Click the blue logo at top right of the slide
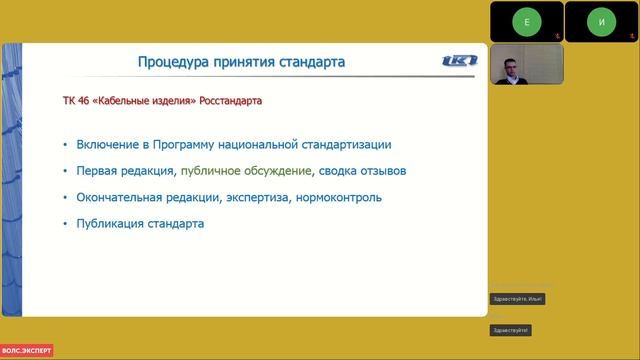[x=460, y=61]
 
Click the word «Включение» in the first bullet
[x=109, y=144]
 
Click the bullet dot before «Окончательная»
[x=66, y=198]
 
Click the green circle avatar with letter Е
[x=525, y=21]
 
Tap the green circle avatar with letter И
[x=601, y=21]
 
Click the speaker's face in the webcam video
[x=508, y=67]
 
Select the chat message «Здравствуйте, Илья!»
[x=518, y=299]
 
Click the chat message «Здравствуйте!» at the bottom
[x=510, y=330]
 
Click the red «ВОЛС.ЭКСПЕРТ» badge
[x=27, y=351]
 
